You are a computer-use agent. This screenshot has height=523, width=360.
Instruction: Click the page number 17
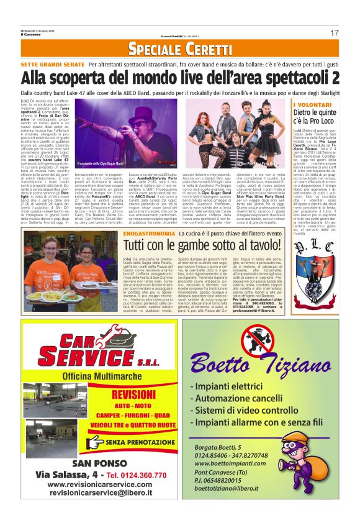click(335, 32)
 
